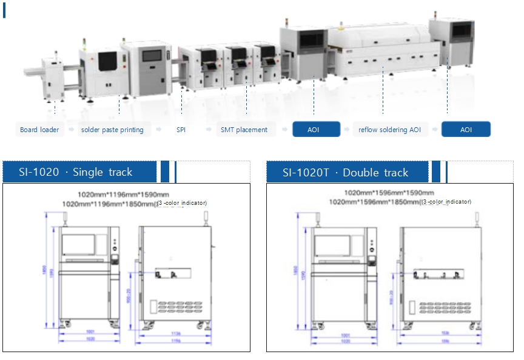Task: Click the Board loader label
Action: (x=39, y=130)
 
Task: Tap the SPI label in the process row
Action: (x=181, y=130)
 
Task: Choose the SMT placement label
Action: (x=244, y=130)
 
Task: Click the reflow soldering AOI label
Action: (x=389, y=130)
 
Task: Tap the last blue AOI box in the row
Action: (x=466, y=130)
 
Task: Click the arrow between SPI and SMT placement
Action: (x=209, y=130)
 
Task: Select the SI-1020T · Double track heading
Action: (x=346, y=173)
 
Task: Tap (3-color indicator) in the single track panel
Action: (x=182, y=203)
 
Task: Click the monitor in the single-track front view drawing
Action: (x=79, y=245)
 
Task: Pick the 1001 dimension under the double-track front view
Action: (x=346, y=335)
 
